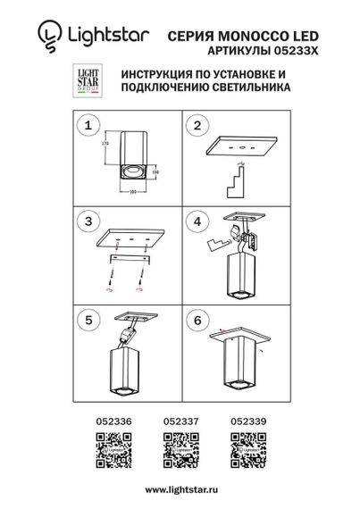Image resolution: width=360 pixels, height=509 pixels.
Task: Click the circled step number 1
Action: pyautogui.click(x=88, y=127)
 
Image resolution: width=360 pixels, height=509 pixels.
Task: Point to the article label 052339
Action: pyautogui.click(x=245, y=417)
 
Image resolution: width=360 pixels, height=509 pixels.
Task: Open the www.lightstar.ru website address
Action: pyautogui.click(x=180, y=489)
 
